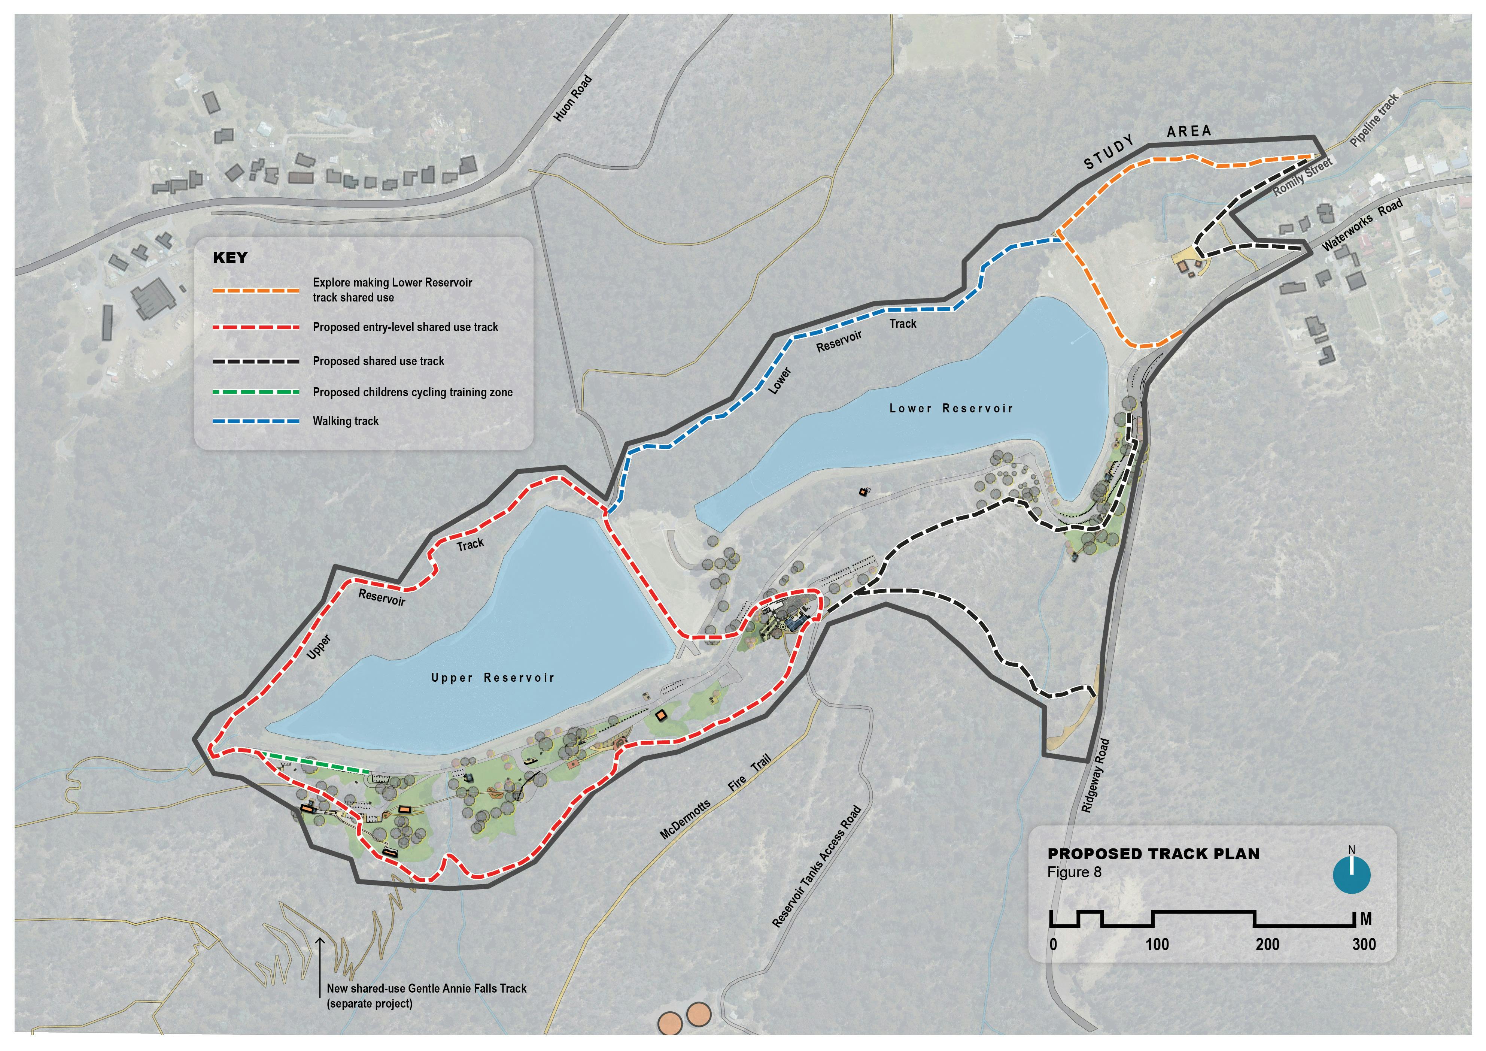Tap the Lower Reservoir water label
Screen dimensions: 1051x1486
(951, 409)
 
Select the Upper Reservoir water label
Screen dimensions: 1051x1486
(493, 678)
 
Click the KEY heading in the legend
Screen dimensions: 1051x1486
(230, 258)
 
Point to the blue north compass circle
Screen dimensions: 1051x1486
(1351, 874)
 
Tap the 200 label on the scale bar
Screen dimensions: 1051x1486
(1267, 945)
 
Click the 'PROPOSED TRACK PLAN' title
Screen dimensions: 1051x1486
(1153, 854)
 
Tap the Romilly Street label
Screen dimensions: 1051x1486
(1302, 177)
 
